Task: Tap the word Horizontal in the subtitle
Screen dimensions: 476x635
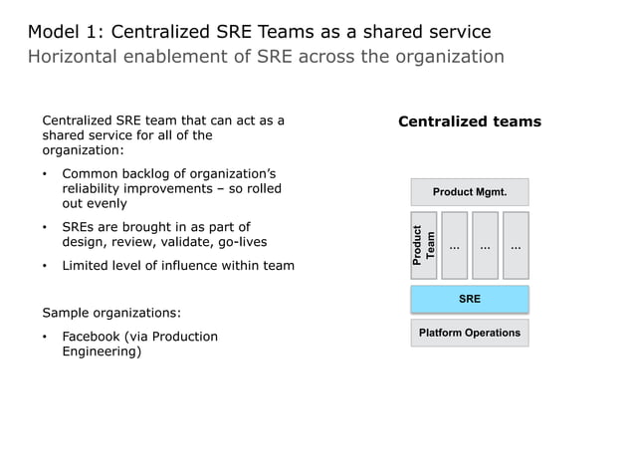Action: pos(75,57)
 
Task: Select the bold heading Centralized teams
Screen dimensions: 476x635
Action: pos(469,121)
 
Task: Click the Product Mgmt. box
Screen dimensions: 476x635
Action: pos(469,191)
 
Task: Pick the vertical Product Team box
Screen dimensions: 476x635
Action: pos(423,245)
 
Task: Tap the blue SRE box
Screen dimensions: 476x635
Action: pos(469,298)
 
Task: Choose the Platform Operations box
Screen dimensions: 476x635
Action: pos(469,333)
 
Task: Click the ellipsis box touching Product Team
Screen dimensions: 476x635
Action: pos(454,245)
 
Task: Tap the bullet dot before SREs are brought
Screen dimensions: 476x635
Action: pos(46,227)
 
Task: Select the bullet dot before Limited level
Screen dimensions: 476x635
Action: pos(46,266)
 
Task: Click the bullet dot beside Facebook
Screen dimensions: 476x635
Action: pos(46,337)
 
